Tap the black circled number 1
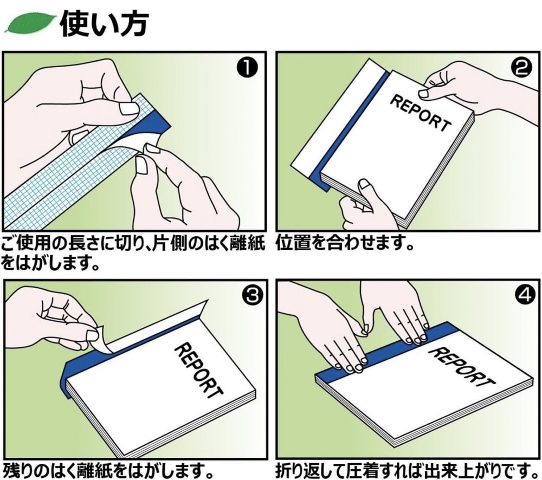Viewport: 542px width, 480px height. [247, 68]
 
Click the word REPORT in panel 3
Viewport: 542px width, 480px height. [198, 369]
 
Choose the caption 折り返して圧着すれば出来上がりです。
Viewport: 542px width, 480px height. [409, 469]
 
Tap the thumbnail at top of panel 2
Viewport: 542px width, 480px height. [424, 93]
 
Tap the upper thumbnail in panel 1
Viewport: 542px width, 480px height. [128, 109]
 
